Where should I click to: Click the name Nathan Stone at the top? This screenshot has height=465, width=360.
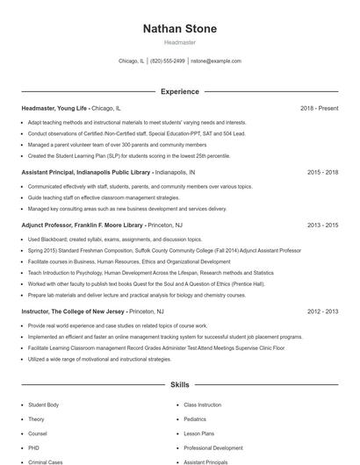(179, 29)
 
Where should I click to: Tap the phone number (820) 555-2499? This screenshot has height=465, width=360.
(167, 61)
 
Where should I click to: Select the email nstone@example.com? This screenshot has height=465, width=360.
(216, 61)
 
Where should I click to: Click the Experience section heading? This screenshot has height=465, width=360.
(179, 91)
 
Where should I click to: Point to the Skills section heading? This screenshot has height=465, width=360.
(179, 384)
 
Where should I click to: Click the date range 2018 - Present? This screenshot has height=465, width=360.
(319, 108)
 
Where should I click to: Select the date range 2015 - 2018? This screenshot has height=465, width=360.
(322, 173)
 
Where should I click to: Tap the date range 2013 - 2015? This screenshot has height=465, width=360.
(322, 225)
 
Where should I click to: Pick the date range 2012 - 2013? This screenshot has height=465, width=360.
(322, 311)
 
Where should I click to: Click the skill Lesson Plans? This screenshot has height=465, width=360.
(199, 433)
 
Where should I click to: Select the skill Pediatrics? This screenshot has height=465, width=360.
(196, 419)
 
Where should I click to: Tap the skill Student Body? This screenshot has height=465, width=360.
(44, 405)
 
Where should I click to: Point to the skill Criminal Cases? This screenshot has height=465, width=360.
(46, 461)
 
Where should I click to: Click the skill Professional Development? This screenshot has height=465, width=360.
(214, 447)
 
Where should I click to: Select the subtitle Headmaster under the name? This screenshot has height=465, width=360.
(179, 42)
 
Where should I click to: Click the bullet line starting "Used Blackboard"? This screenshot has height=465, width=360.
(104, 239)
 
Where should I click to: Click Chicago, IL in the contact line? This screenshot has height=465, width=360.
(130, 61)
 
